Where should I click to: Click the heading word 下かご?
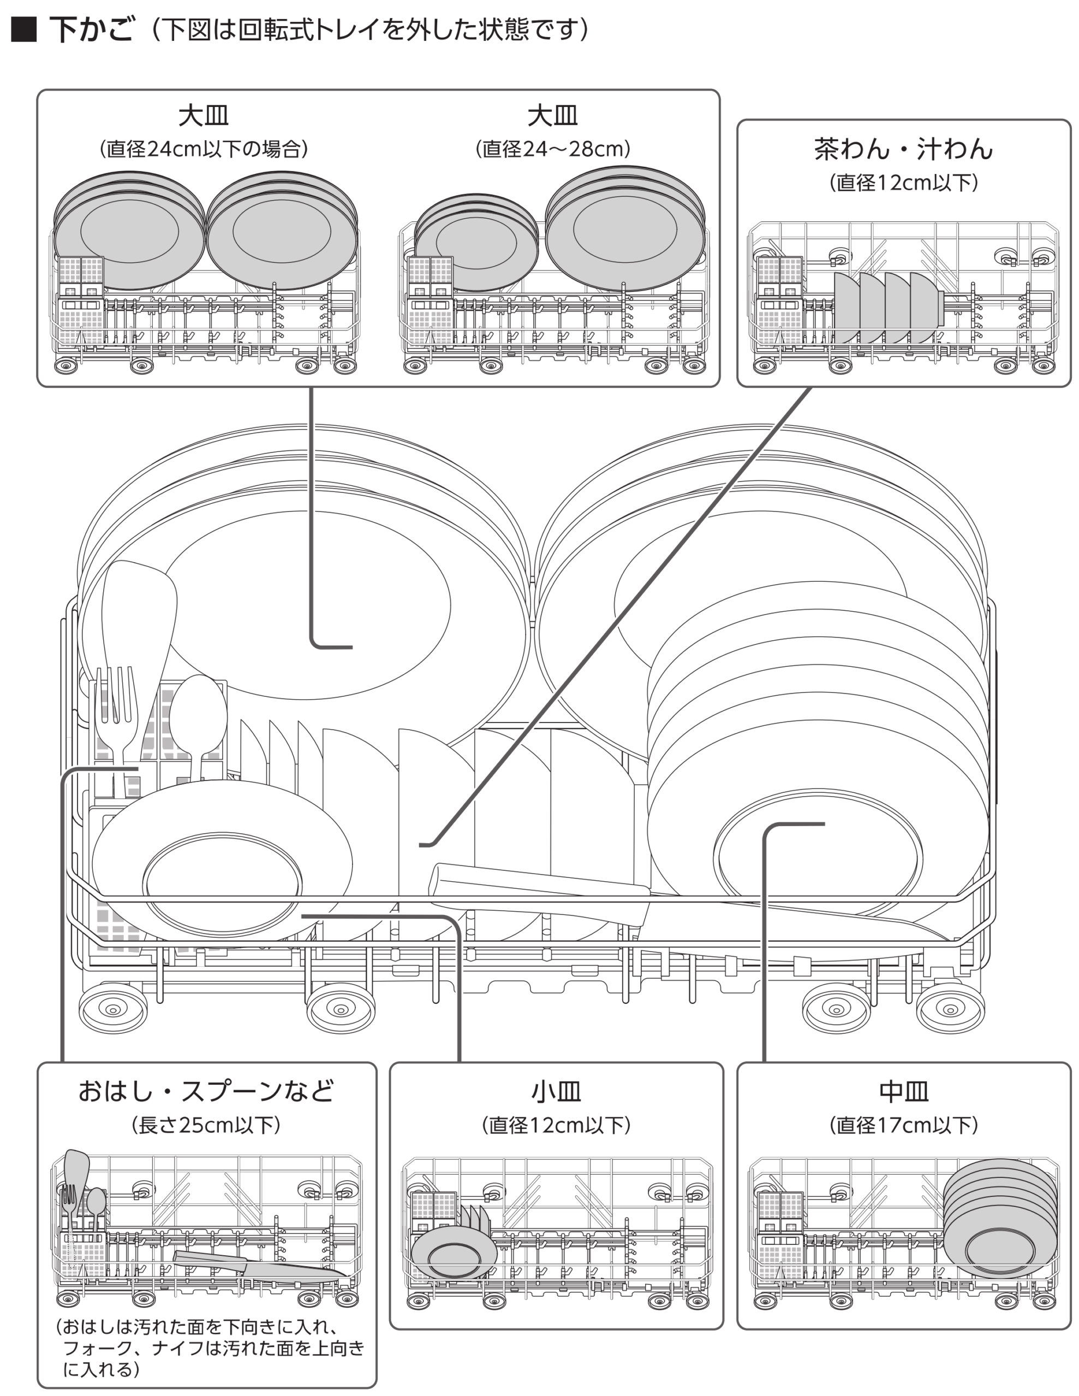click(x=92, y=30)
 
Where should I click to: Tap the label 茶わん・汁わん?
click(x=903, y=149)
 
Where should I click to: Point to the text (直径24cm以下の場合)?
click(x=204, y=149)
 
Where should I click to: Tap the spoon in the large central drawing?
click(x=198, y=716)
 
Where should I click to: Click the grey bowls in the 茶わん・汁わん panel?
click(x=886, y=307)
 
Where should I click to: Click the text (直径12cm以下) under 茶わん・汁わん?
click(x=903, y=183)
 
